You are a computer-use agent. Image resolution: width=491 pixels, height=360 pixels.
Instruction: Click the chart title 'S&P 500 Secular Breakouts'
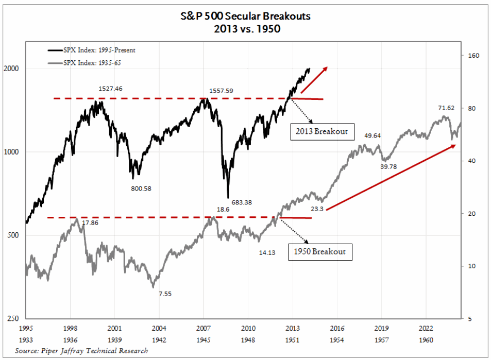tap(245, 16)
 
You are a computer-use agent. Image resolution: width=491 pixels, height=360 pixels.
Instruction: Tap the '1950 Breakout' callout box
tap(320, 252)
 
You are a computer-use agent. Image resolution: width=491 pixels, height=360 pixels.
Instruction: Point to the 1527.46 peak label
tap(110, 89)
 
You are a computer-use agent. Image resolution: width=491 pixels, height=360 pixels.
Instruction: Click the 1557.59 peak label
tap(221, 91)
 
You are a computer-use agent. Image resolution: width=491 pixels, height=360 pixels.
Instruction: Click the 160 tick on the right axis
tap(473, 55)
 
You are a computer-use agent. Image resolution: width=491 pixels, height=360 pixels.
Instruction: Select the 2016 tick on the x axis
tap(337, 328)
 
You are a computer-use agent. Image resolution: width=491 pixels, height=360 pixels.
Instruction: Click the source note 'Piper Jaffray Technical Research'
tap(81, 351)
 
